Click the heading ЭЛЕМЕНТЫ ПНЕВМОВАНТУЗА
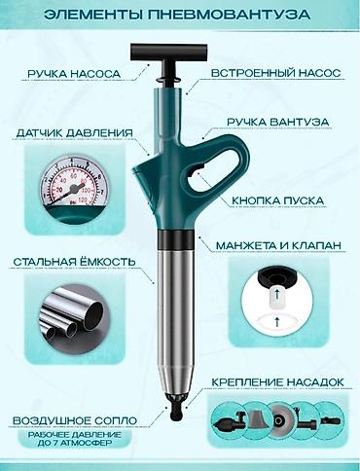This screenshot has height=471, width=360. tap(180, 15)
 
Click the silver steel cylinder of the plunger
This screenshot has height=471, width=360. tap(178, 311)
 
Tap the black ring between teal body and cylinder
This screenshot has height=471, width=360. tap(178, 240)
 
